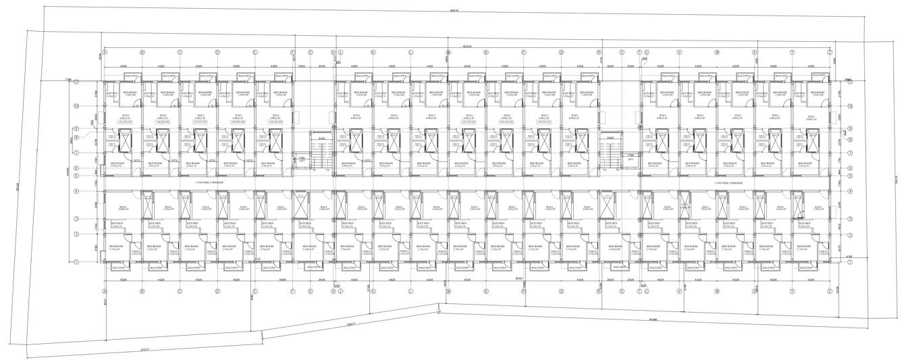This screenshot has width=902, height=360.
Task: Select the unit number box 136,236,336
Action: (162, 122)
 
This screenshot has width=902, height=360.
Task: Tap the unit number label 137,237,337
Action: (200, 122)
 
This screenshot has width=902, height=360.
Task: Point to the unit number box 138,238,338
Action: (238, 122)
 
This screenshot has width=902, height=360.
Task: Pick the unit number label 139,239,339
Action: (275, 122)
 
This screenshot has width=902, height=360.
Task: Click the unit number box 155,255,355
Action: (543, 122)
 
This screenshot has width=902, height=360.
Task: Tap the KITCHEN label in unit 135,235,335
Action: (112, 92)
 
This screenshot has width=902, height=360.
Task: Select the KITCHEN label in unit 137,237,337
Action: (186, 92)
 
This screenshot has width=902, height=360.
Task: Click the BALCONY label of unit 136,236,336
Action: (171, 76)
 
